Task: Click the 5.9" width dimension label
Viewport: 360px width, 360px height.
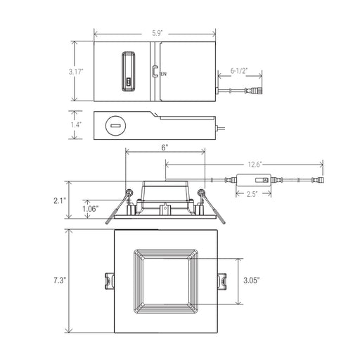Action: click(157, 33)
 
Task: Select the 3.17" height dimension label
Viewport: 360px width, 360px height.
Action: click(76, 72)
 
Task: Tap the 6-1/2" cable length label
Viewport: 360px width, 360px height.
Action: click(239, 71)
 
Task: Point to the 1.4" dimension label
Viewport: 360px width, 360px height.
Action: click(76, 124)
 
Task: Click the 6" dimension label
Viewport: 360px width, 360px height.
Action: click(165, 148)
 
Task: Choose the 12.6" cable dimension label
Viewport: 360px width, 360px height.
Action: click(255, 165)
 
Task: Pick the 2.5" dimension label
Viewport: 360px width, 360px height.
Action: click(252, 194)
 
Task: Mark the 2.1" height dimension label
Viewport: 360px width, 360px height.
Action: click(60, 200)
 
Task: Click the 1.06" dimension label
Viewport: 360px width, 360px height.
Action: click(91, 209)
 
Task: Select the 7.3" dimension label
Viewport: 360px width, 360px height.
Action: click(59, 280)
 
